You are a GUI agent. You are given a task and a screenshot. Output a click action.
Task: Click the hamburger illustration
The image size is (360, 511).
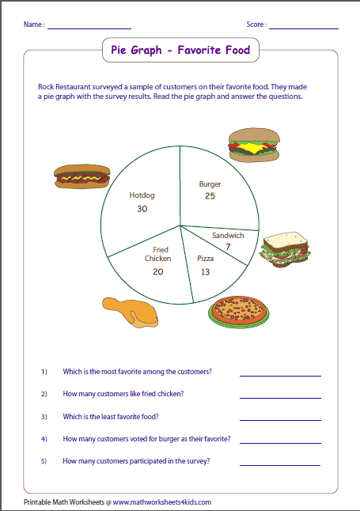click(253, 147)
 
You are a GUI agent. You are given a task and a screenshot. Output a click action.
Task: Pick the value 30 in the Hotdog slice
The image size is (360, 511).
click(142, 209)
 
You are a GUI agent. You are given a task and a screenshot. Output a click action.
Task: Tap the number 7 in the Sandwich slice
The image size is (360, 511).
click(228, 248)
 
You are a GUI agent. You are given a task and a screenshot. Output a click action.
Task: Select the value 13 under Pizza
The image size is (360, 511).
click(205, 271)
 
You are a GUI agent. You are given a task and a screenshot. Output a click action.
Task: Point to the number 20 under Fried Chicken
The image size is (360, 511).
click(158, 271)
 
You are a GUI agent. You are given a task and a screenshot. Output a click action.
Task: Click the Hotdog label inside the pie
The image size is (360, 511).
click(142, 195)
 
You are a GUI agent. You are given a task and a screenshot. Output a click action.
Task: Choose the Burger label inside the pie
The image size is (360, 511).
click(210, 184)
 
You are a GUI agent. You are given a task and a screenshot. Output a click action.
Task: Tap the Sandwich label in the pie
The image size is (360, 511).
click(228, 236)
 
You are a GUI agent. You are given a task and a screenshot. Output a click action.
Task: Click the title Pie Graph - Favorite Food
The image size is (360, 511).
click(180, 51)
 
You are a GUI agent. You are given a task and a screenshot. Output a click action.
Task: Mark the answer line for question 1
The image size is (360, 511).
click(280, 374)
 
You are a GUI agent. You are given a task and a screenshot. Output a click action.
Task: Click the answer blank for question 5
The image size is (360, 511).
click(280, 464)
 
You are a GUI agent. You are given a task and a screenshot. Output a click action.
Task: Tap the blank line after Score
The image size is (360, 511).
click(303, 28)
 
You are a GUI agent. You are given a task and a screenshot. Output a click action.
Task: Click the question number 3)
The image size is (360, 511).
click(44, 416)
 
